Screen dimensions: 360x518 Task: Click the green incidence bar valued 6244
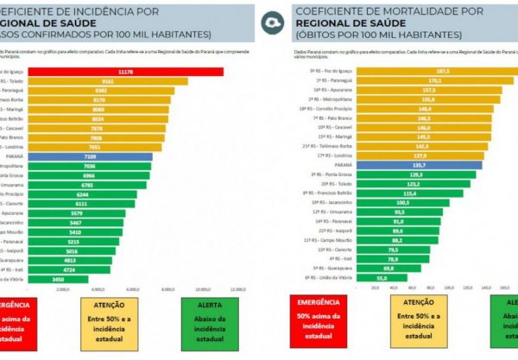[x=82, y=194]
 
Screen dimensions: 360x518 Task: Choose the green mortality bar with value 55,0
[x=332, y=277]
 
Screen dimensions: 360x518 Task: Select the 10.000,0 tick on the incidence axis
[x=202, y=289]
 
